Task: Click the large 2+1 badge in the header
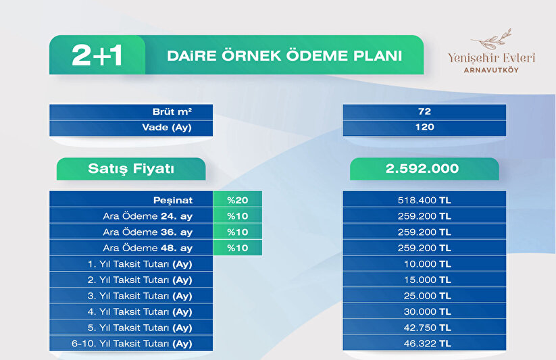(97, 55)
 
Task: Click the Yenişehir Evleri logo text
(491, 57)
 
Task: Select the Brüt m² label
(172, 111)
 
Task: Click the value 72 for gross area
(424, 111)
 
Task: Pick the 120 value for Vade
(424, 128)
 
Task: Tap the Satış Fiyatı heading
(131, 168)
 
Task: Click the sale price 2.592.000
(422, 168)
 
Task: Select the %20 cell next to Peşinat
(238, 200)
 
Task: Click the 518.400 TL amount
(424, 201)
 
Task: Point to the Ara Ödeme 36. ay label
(147, 232)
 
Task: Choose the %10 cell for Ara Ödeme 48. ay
(238, 248)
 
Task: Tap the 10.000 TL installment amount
(428, 264)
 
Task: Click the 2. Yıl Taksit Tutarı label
(140, 280)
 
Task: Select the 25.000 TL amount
(428, 296)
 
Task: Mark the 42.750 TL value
(428, 328)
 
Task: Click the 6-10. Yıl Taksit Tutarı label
(132, 344)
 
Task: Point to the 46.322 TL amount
(428, 344)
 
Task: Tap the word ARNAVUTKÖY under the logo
(491, 70)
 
